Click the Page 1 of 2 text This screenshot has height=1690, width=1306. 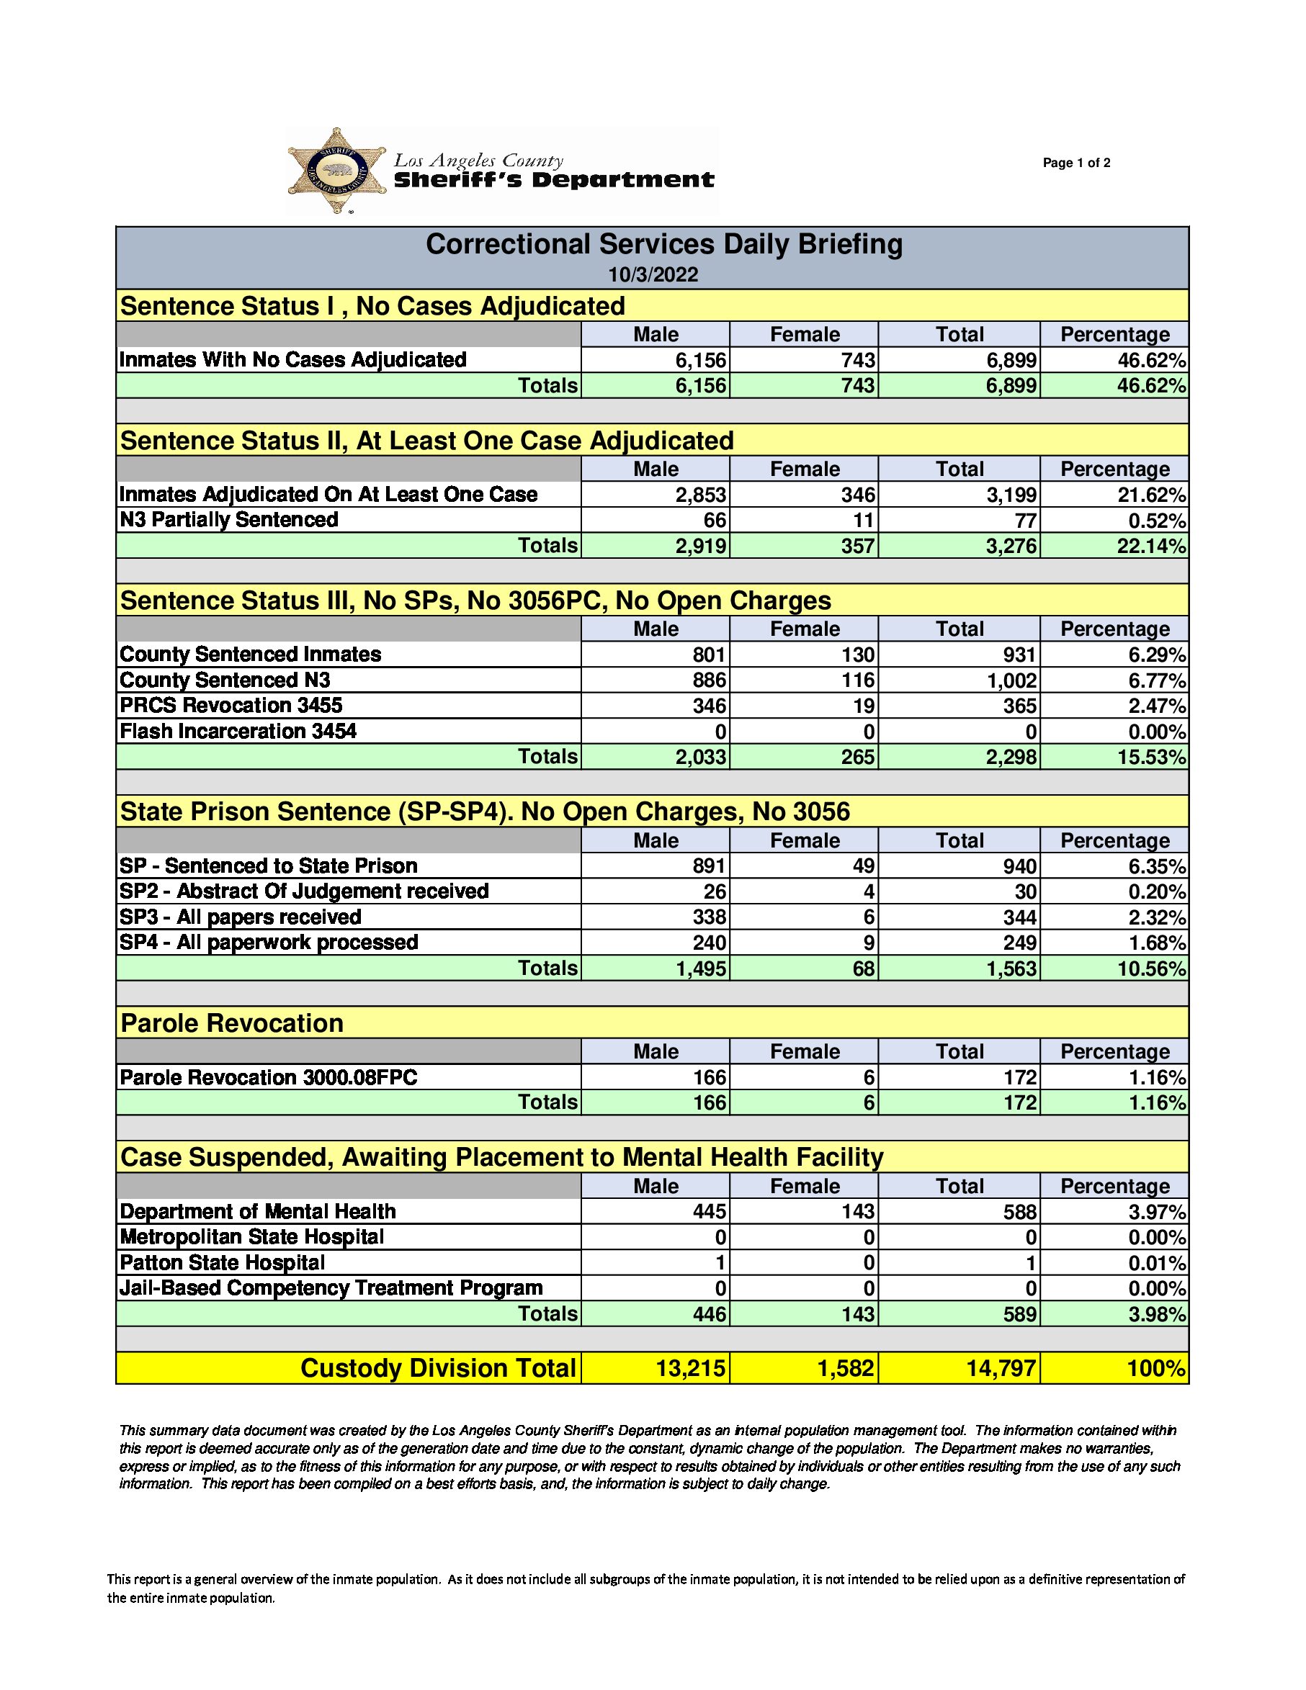(1076, 163)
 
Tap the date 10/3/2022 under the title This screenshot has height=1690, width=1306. (653, 274)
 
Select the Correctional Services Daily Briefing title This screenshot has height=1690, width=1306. (663, 245)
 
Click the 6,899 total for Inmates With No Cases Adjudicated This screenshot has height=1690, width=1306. (1010, 361)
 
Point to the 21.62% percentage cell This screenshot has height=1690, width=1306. (1150, 495)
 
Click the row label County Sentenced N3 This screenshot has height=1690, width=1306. (225, 680)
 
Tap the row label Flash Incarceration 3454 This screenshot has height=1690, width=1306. (238, 732)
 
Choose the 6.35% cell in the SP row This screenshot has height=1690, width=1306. (1157, 866)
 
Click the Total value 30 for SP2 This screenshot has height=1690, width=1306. (1025, 891)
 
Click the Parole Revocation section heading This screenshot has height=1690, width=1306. (232, 1023)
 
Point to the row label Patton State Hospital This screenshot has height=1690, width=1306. (222, 1263)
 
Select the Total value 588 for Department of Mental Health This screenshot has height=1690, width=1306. (1019, 1212)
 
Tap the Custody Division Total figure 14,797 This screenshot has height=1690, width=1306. (1000, 1368)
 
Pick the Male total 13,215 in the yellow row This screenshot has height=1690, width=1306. (691, 1368)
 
